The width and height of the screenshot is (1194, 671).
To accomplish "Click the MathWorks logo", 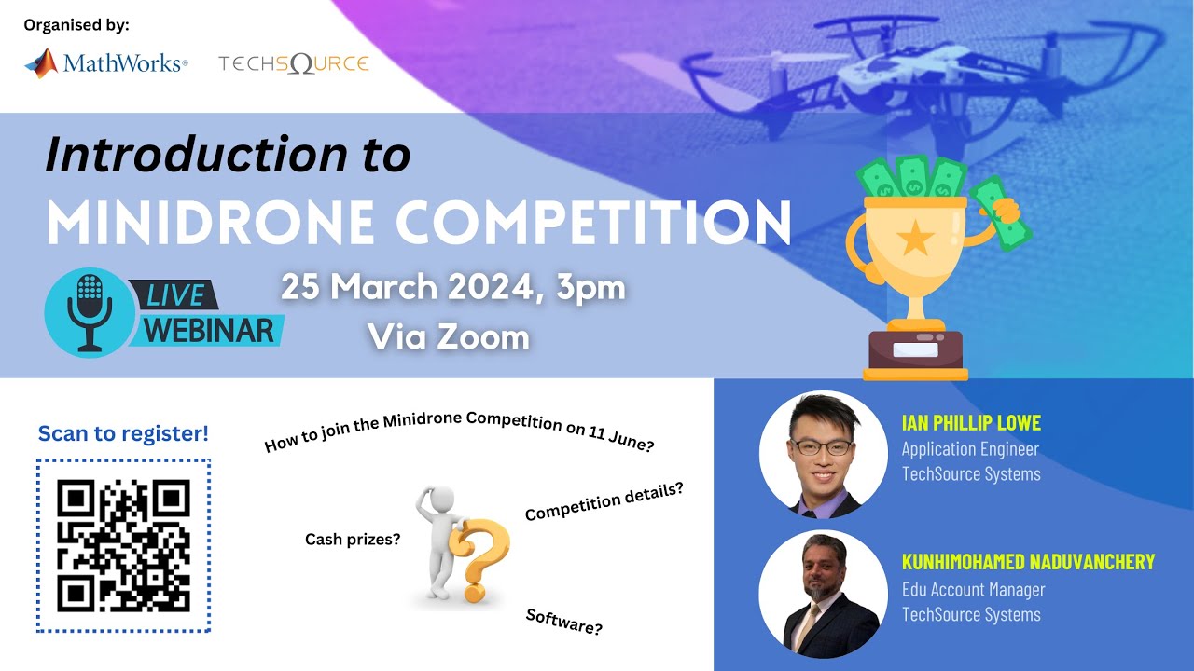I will (105, 63).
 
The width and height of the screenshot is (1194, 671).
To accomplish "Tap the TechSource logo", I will (294, 63).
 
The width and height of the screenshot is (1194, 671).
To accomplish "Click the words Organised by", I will (76, 24).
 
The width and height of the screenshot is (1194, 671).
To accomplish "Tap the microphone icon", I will (90, 312).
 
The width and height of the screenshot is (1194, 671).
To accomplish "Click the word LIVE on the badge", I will (174, 295).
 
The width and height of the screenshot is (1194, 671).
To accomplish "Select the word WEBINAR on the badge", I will (210, 330).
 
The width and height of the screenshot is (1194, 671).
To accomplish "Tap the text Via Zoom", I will (449, 336).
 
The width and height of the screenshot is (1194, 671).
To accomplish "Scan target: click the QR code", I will (123, 545).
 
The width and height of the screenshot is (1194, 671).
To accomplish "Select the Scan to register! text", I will (123, 433).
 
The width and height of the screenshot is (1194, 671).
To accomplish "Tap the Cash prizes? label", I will (353, 539).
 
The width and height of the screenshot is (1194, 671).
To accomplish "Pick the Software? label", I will (563, 622).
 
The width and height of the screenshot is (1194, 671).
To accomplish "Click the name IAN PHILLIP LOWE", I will (970, 423).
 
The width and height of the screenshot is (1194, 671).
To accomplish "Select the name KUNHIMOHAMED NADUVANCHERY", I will (1028, 562).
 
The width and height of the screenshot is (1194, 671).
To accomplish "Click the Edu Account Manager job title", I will (973, 590).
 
